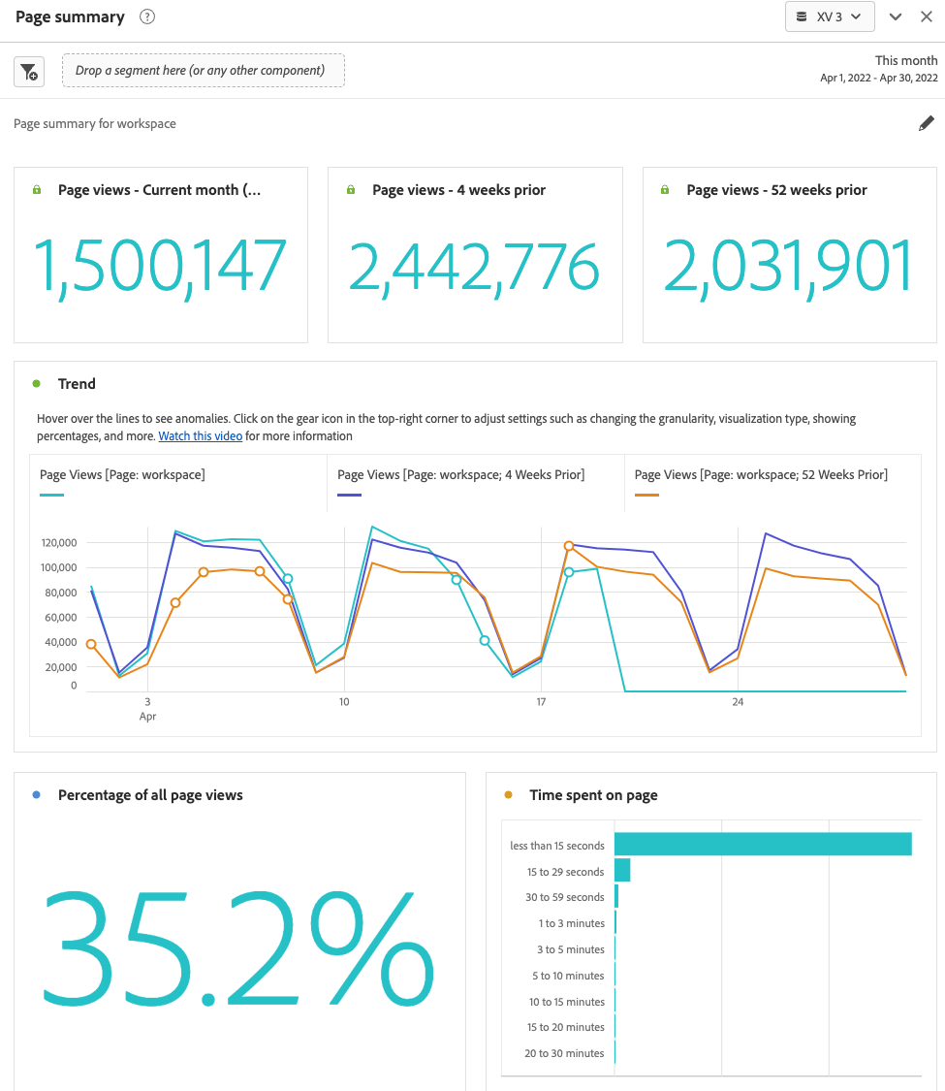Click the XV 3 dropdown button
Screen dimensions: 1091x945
pos(830,16)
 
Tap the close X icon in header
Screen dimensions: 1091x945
pos(927,16)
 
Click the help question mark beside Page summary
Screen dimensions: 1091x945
pos(147,16)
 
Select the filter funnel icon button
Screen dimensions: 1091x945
pos(29,71)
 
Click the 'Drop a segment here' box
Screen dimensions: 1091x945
pos(204,71)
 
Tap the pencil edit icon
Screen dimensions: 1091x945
pos(927,123)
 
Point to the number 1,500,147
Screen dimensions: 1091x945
pos(161,267)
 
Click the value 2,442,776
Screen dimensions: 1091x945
pos(474,267)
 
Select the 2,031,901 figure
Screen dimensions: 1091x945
pos(789,267)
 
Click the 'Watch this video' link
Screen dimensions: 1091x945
pos(201,436)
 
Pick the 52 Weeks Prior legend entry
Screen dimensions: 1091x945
pos(761,474)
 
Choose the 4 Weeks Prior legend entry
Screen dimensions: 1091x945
pos(460,474)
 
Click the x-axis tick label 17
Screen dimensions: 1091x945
pos(541,702)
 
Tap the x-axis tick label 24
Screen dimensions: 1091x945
pos(738,702)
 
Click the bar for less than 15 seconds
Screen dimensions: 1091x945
pos(763,844)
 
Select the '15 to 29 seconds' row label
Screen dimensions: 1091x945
pos(565,872)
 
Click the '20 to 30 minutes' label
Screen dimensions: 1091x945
pos(564,1053)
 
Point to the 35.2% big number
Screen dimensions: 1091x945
pos(238,947)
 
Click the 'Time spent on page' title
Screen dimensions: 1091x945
pos(593,795)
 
